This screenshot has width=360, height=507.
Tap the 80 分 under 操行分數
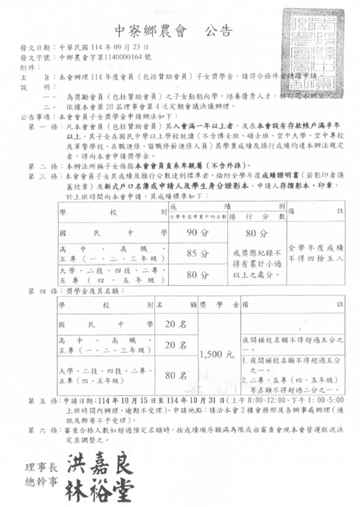232,233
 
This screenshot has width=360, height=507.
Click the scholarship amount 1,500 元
216,355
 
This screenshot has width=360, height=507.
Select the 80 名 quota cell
175,376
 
